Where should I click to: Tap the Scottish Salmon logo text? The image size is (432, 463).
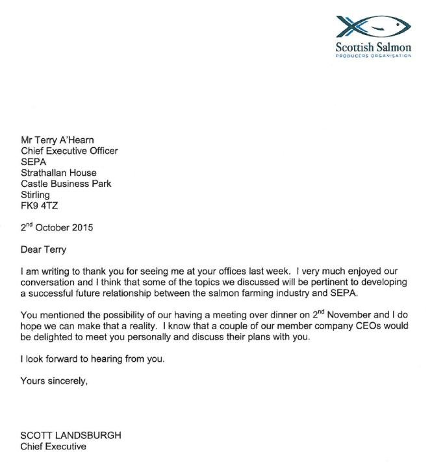(373, 47)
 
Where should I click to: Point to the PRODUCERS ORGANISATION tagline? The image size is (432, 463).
(373, 56)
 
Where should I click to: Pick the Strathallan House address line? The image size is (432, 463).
(59, 173)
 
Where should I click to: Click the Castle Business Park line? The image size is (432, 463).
(66, 184)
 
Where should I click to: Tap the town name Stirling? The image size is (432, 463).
(36, 195)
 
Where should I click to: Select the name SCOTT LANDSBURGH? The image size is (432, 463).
(70, 436)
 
